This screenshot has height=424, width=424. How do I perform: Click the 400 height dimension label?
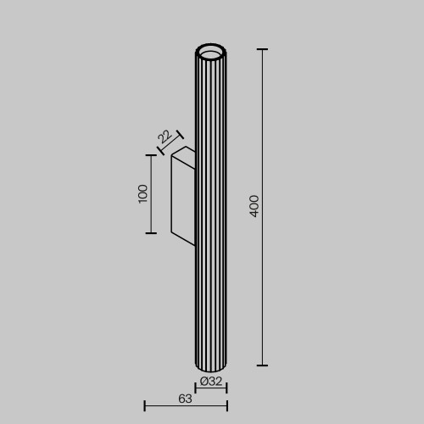pos(254,206)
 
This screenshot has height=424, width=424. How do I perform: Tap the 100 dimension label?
pos(142,192)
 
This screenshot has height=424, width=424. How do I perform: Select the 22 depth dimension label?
pos(165,136)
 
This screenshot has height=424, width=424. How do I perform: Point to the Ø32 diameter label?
pos(210,381)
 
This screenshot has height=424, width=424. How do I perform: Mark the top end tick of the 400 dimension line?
pos(262,50)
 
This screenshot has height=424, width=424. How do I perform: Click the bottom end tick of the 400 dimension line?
pos(262,365)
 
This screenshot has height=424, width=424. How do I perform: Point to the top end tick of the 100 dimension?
pos(152,155)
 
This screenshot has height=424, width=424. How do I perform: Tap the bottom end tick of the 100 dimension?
pos(152,232)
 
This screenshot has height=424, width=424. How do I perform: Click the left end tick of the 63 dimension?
pos(145,405)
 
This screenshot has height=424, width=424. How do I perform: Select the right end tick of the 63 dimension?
pos(226,405)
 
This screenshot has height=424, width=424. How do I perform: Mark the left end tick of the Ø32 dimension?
pos(196,388)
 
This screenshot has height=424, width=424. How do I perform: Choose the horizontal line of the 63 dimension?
pos(186,405)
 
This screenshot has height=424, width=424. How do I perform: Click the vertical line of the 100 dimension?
pos(152,212)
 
